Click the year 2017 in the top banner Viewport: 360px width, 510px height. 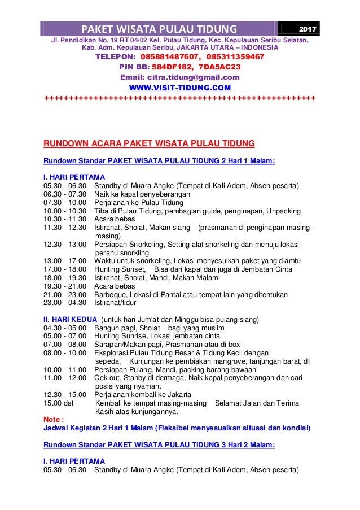point(308,29)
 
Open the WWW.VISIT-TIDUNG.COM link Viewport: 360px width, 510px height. point(180,88)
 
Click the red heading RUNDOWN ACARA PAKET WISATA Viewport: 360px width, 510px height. point(149,143)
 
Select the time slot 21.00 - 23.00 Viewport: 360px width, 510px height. point(65,294)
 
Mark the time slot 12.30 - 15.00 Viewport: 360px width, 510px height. point(65,394)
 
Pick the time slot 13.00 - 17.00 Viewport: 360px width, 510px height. point(65,260)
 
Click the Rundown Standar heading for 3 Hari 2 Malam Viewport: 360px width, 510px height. point(159,444)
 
